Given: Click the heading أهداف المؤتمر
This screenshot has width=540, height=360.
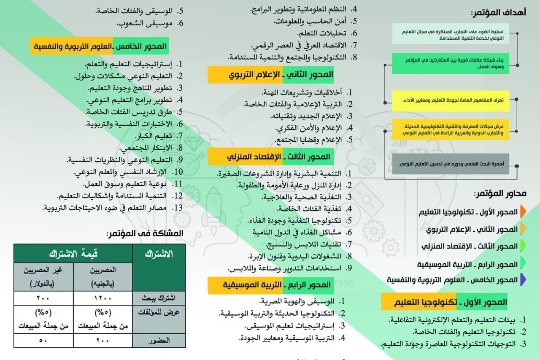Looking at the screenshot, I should pos(498,13).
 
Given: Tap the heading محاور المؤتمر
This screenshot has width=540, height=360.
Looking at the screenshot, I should pos(500,194).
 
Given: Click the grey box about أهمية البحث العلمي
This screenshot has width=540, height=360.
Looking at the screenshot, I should pos(450,164).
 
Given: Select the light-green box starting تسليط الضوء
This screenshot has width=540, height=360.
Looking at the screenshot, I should pos(450,34).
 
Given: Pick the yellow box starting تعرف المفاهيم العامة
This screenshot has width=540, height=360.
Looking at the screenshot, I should pos(450,100).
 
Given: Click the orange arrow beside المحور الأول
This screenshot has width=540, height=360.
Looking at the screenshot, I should pos(523,211).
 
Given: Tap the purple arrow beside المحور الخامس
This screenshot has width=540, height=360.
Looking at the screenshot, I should pos(523,279).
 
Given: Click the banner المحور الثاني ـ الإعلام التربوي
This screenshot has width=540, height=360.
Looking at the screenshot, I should pos(270,75).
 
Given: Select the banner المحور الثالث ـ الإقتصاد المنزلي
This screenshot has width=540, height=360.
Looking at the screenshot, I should pos(270,157).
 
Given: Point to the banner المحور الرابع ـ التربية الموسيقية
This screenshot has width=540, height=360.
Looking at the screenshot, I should pos(270,285).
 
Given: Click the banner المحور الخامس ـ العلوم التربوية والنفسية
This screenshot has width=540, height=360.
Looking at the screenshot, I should pos(99,46).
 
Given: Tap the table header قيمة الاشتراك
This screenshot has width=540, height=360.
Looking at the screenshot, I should pos(73,253).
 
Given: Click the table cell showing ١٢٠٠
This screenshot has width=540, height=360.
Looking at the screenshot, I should pos(103,298).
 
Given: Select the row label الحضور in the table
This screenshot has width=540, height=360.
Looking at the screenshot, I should pos(159,340).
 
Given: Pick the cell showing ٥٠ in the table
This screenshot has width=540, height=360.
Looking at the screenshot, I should pos(43,340).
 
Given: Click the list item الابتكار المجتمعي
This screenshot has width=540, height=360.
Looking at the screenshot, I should pos(147,148).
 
